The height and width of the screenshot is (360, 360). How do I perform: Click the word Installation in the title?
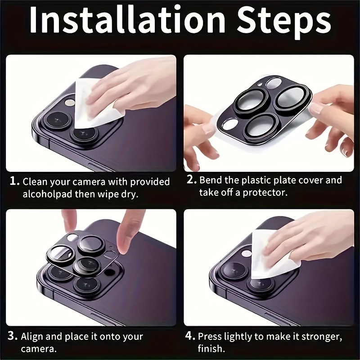[x=127, y=20]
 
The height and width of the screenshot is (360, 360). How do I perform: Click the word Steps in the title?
[x=284, y=22]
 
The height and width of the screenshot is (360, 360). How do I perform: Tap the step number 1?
[x=14, y=181]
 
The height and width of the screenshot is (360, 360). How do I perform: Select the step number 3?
[x=13, y=336]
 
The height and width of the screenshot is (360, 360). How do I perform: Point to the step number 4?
[x=190, y=336]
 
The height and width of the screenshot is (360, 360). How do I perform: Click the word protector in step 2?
[x=265, y=193]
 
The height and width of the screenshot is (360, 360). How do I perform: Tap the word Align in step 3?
[x=32, y=337]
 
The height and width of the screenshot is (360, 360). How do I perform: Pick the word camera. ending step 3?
[x=39, y=349]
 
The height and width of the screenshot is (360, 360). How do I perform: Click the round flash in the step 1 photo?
[x=69, y=103]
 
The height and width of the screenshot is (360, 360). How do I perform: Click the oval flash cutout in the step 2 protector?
[x=230, y=125]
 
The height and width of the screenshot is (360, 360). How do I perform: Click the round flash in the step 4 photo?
[x=246, y=253]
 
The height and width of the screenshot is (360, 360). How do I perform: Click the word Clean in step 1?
[x=35, y=181]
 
